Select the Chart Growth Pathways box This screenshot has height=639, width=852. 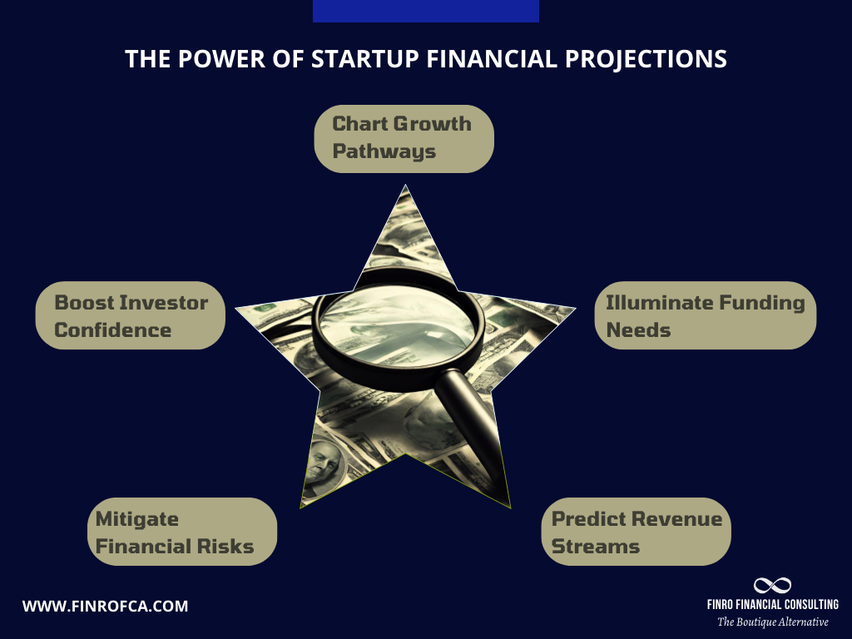click(404, 138)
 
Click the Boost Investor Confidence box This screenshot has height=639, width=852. click(131, 315)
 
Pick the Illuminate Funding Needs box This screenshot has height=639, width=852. click(706, 315)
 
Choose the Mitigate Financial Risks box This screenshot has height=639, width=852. click(182, 532)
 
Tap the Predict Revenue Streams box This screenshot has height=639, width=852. click(641, 532)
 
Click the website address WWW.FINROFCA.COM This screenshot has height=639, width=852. click(105, 606)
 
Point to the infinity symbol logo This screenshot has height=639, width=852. click(772, 586)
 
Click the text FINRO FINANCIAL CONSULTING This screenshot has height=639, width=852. click(772, 605)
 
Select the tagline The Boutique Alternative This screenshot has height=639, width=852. click(772, 622)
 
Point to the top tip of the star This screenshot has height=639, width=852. click(405, 188)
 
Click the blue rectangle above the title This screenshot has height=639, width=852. click(425, 11)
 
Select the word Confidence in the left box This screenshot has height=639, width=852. click(113, 329)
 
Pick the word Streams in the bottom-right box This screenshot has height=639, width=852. click(596, 546)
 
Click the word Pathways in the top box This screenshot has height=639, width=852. click(384, 152)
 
